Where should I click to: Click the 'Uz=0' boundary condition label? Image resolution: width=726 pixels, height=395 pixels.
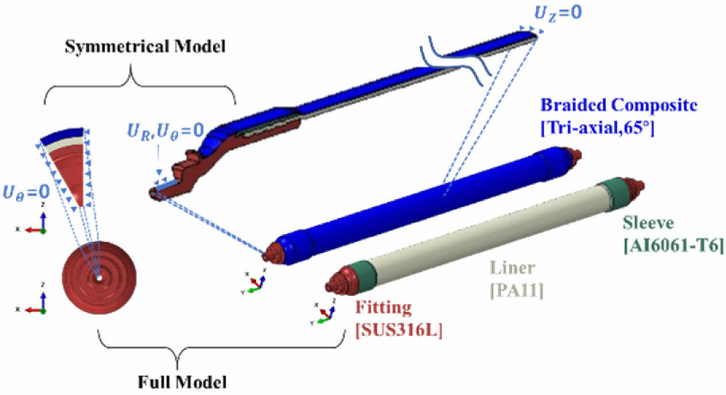coord(554,11)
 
